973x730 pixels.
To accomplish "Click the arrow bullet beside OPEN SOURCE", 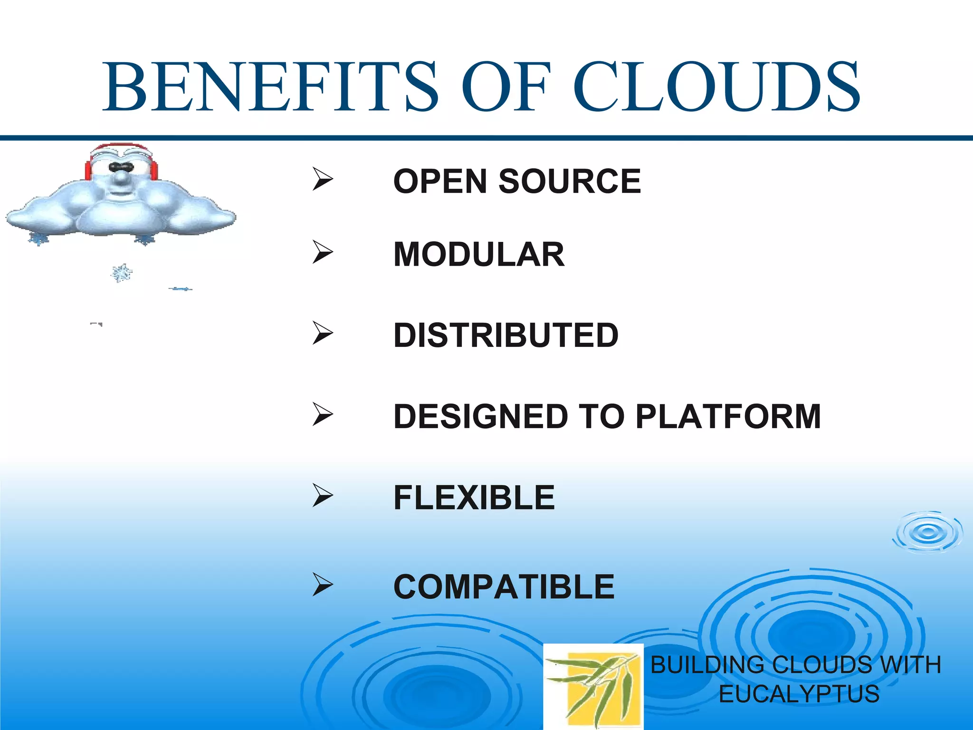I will (x=323, y=180).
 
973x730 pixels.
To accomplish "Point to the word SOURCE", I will (x=570, y=181).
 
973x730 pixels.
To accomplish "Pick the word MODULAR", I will (x=479, y=254).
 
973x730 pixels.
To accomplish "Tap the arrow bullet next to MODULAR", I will (x=323, y=252).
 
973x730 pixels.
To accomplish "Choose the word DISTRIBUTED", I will (x=506, y=335).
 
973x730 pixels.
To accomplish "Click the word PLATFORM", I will (x=728, y=416).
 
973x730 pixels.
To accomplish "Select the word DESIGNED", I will (x=480, y=416).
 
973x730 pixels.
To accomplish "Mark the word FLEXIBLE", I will (x=474, y=498).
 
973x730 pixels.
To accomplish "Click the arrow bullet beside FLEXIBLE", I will (x=323, y=495).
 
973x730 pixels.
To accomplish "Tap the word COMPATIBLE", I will (x=504, y=586).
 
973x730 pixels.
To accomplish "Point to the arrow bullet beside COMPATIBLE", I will (x=323, y=585).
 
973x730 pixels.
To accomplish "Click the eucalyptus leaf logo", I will (x=593, y=686).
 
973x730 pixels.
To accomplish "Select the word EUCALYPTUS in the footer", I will (x=799, y=694).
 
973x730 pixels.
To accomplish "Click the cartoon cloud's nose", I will (x=122, y=178).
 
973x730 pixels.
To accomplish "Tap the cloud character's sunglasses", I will (x=121, y=167).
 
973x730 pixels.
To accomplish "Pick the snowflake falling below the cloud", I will (x=122, y=273).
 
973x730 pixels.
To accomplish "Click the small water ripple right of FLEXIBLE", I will (x=927, y=532).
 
